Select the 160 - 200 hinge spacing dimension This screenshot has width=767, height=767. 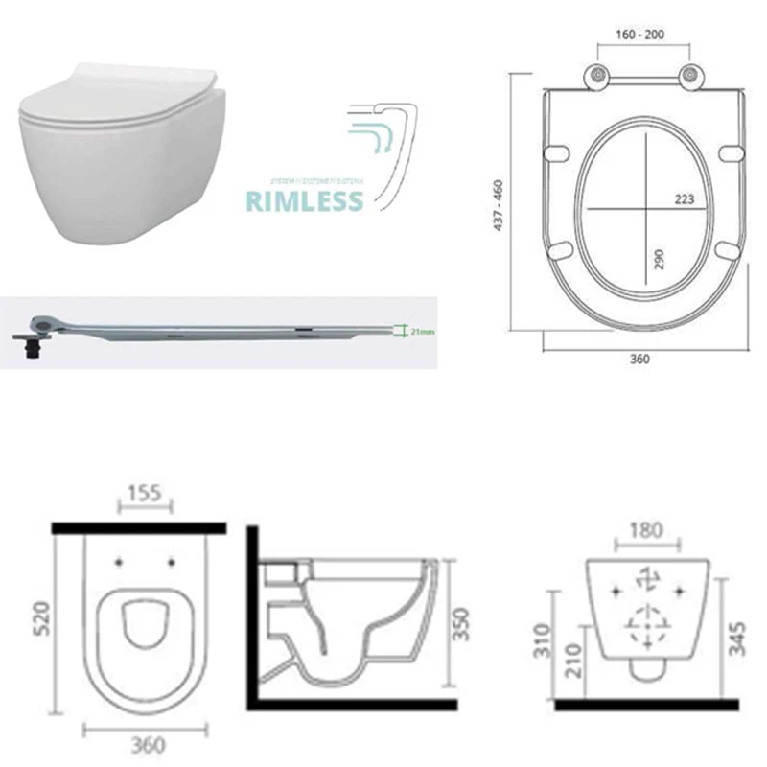(640, 35)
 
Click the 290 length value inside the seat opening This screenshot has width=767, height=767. (659, 259)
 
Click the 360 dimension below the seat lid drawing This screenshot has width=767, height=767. (639, 360)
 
